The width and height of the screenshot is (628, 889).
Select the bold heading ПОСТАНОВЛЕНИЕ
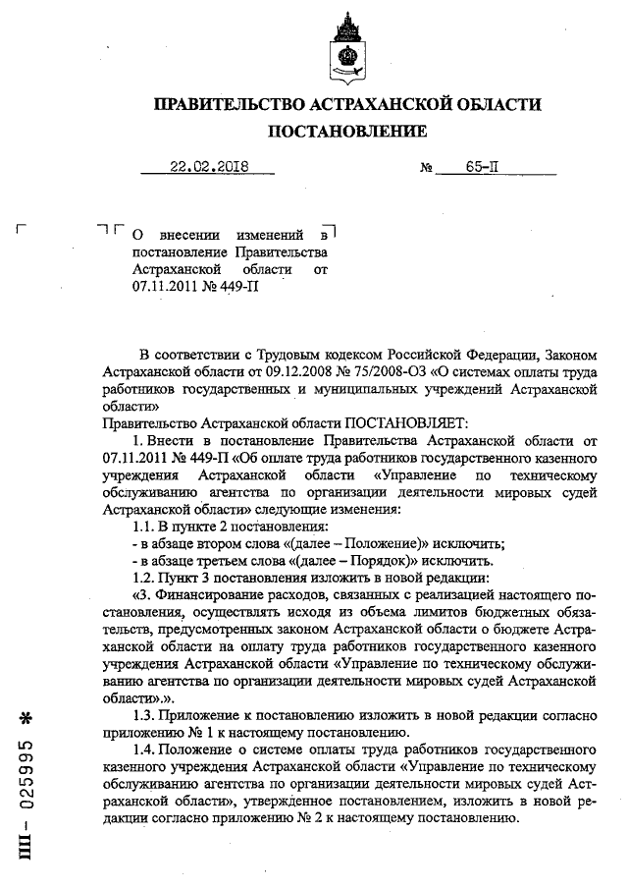pos(346,131)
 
